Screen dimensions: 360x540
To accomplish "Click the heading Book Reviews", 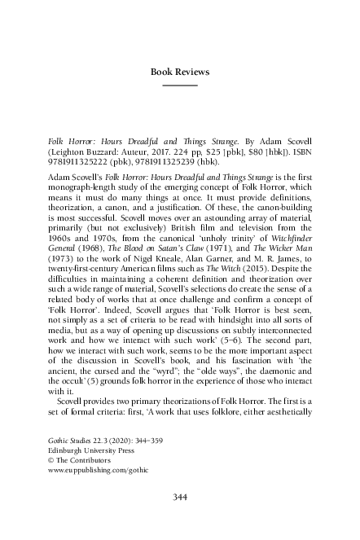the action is tap(180, 72).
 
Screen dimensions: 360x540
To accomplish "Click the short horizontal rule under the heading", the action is tap(180, 85).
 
